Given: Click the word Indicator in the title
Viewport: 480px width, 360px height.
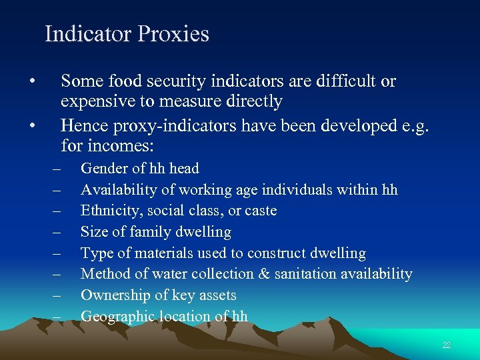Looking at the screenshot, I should coord(87,34).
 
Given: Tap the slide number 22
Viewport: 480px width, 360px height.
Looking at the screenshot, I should coord(447,345).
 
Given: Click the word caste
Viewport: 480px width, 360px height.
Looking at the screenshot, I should coord(259,211).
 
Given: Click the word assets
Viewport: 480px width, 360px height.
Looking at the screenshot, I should coord(217,295).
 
